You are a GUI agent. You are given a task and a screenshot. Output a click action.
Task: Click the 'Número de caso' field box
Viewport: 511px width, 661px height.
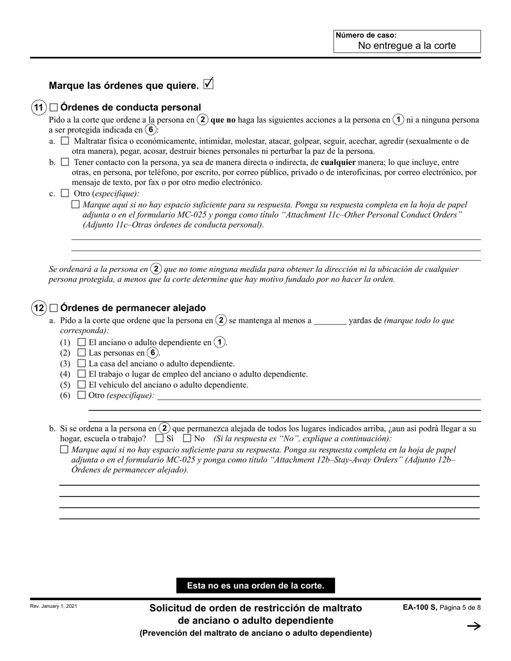point(407,41)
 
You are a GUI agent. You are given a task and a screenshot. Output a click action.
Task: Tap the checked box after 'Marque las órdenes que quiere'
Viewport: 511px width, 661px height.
point(209,84)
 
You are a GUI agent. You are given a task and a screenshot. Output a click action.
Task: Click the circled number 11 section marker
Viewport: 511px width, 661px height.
point(38,107)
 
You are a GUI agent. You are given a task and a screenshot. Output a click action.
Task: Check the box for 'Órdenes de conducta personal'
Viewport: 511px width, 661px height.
point(53,107)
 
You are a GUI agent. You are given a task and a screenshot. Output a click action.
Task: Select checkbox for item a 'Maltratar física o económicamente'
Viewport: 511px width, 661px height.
point(65,141)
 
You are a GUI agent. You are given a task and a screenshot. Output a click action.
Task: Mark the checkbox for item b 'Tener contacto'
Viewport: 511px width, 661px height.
point(65,162)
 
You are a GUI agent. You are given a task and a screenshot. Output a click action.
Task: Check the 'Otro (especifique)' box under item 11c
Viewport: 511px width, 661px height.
point(65,193)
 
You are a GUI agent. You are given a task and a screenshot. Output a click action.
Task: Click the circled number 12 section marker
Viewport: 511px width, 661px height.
point(38,308)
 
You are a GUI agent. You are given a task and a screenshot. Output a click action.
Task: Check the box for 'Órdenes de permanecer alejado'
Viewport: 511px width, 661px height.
point(53,308)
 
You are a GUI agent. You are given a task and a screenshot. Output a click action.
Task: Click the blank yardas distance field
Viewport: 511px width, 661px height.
point(330,321)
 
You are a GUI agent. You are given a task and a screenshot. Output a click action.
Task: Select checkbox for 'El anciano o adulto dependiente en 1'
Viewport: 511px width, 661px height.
point(82,342)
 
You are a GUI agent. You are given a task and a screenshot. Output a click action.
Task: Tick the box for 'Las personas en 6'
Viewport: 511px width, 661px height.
point(82,353)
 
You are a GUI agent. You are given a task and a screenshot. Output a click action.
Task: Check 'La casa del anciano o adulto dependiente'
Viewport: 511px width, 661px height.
point(82,364)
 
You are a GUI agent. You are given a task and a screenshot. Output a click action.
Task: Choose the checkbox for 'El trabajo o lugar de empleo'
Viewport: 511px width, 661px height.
point(82,374)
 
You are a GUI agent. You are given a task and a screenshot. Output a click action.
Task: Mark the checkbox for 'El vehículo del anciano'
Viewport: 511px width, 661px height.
point(82,385)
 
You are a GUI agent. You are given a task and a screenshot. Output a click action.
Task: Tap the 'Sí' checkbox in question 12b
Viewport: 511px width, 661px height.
point(159,439)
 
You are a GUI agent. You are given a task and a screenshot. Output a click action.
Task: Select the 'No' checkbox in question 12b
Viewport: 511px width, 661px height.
point(187,439)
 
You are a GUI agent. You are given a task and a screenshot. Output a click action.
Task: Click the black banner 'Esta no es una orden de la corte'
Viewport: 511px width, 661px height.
point(256,586)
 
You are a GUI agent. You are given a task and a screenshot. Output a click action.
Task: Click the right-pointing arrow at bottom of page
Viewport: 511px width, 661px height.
point(473,626)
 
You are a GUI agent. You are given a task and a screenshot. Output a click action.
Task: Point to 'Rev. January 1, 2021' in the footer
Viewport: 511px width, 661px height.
point(54,606)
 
